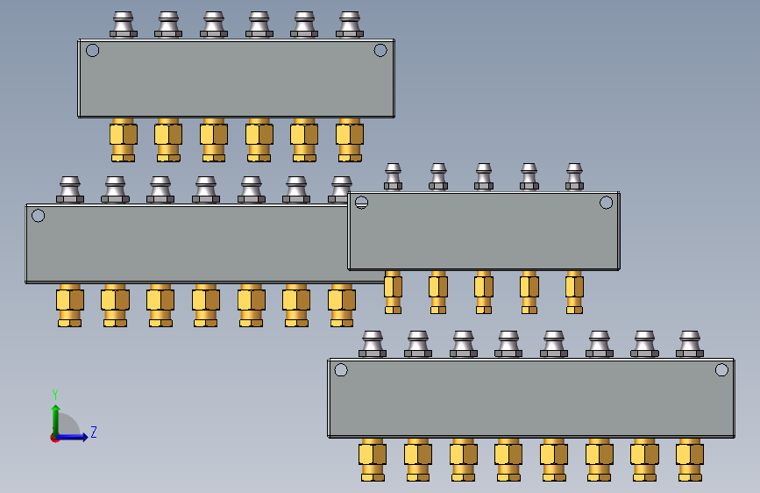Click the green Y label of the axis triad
[x=55, y=395]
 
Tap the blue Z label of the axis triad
[x=93, y=432]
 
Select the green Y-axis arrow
[x=55, y=417]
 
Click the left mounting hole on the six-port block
[x=92, y=50]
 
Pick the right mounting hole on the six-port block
[x=380, y=50]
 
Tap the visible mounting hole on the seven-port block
[x=38, y=215]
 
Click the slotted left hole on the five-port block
[x=361, y=203]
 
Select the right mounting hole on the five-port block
[x=606, y=203]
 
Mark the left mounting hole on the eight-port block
[x=341, y=369]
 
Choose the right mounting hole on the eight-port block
[x=721, y=369]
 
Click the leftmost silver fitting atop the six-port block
[x=124, y=25]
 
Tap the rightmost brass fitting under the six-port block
[x=349, y=139]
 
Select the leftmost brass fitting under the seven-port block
[x=70, y=304]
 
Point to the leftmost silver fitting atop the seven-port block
[x=70, y=189]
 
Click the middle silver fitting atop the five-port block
[x=484, y=175]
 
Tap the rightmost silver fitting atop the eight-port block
[x=690, y=344]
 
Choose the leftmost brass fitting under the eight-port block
[x=373, y=459]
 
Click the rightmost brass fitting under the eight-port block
[x=690, y=459]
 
